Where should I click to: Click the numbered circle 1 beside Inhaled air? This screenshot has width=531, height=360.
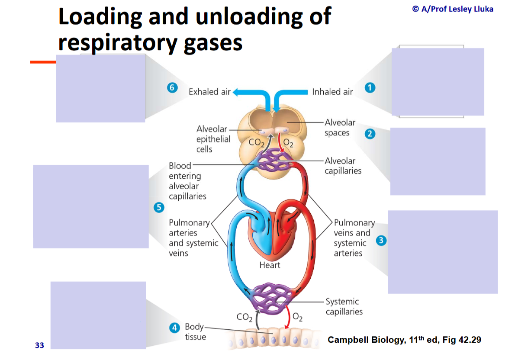pos(369,87)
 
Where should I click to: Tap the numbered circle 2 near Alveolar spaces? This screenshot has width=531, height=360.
pos(370,134)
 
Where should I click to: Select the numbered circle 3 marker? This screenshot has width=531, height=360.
pos(381,241)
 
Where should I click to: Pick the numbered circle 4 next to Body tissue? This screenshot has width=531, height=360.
pos(175,328)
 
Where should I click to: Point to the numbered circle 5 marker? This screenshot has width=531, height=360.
pos(159,208)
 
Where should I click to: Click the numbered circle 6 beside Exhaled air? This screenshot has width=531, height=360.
pos(172,87)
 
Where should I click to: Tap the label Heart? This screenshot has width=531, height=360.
pos(270,265)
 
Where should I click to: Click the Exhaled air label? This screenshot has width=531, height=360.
pos(209,92)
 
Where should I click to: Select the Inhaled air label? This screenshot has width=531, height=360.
pos(332,92)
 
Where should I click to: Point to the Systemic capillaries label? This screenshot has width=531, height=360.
pos(344,306)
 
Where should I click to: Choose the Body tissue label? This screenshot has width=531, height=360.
pos(195,331)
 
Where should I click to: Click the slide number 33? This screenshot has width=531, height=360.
pos(39,345)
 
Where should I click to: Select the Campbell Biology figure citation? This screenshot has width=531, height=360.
pos(404,340)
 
